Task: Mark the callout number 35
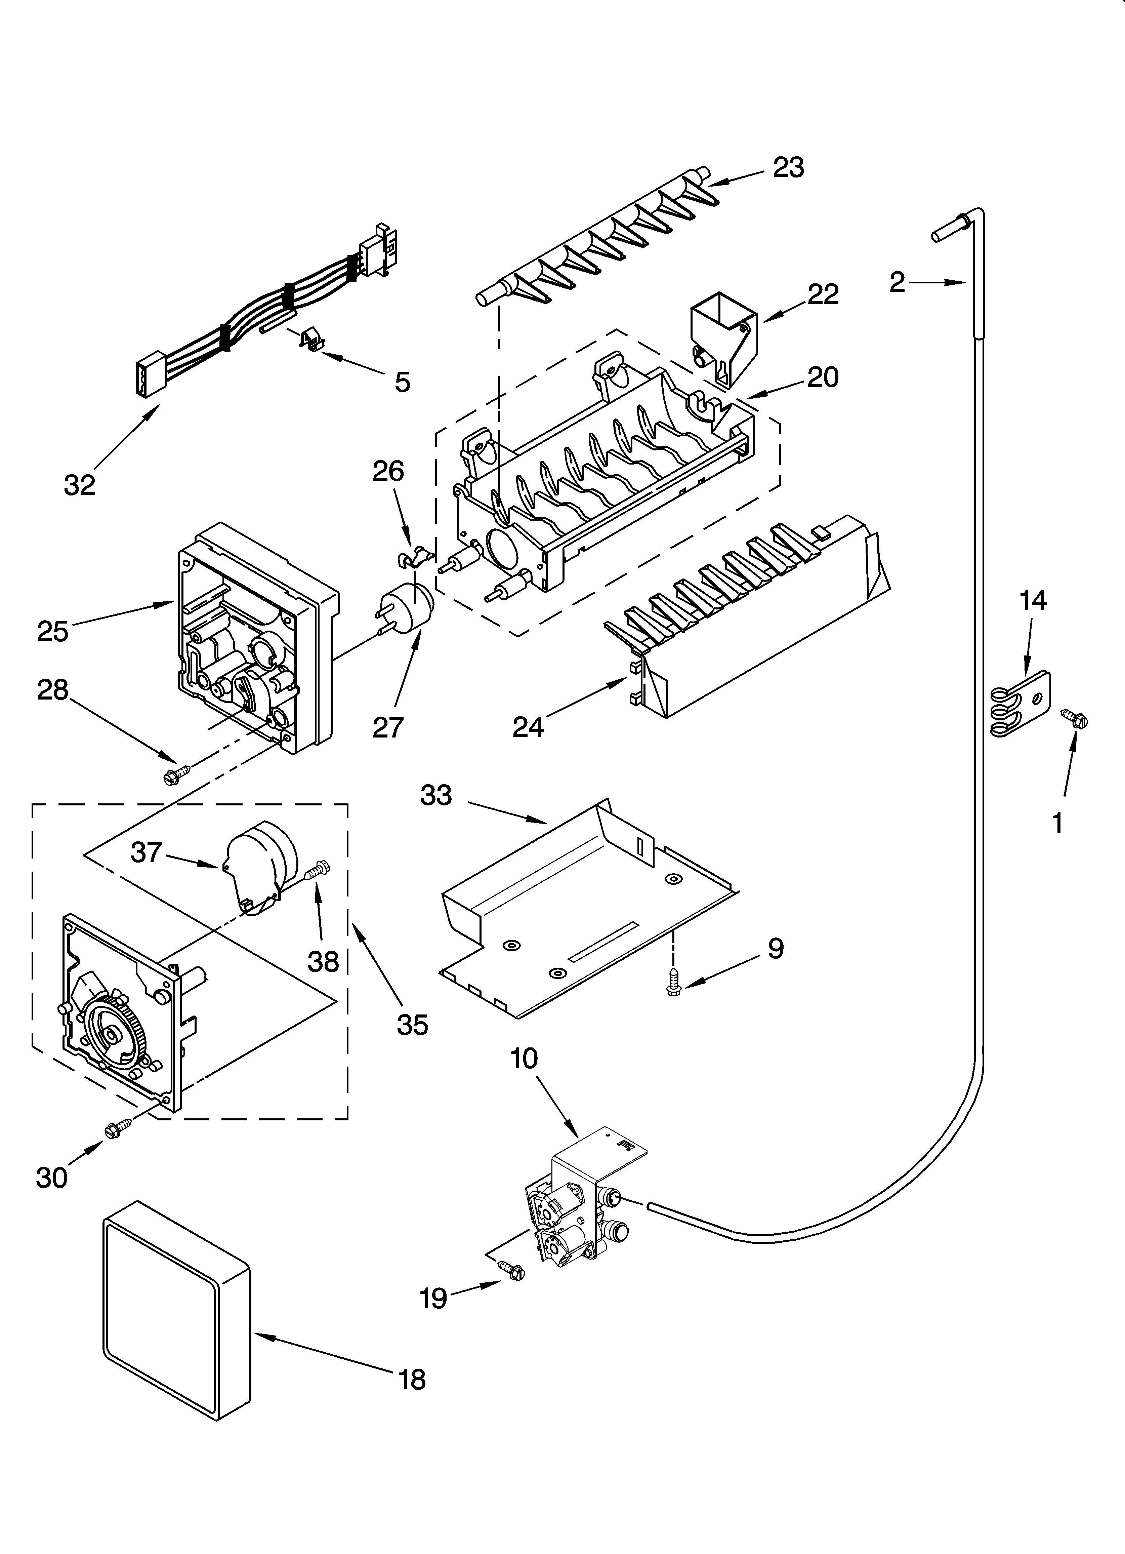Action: click(412, 1043)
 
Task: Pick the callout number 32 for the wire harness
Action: click(80, 485)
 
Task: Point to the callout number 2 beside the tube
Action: click(898, 282)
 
